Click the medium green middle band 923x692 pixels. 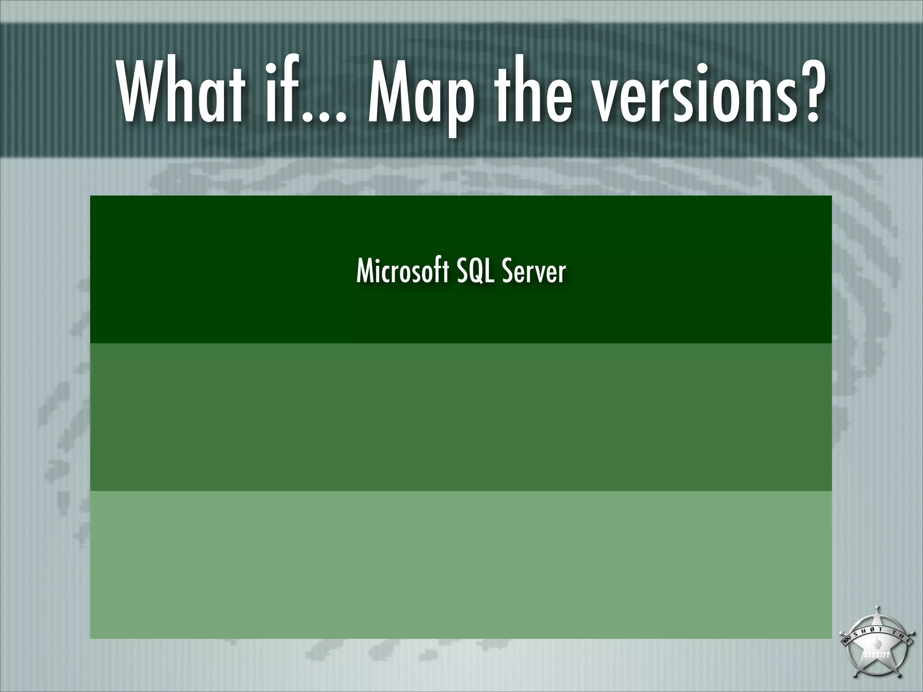(461, 417)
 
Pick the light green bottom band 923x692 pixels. (461, 564)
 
